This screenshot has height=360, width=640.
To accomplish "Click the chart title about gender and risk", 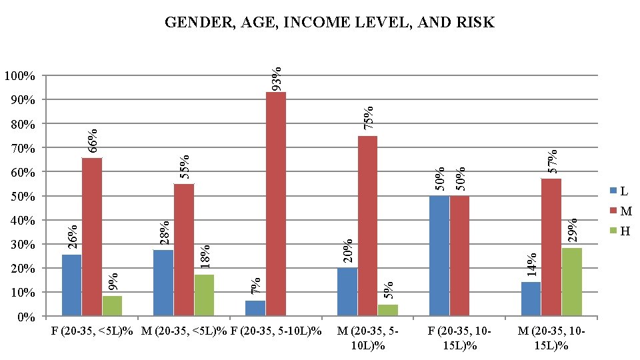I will click(329, 23).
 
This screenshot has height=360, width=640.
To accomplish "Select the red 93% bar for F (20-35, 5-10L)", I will click(275, 203).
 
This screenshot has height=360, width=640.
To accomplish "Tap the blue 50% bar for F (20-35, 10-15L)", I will click(439, 255).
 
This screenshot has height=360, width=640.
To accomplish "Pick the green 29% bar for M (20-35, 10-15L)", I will click(571, 281).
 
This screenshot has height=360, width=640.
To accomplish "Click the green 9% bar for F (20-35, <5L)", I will click(112, 305).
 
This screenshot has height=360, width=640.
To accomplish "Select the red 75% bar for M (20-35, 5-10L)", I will click(367, 225).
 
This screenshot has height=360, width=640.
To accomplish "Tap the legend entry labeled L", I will click(619, 191).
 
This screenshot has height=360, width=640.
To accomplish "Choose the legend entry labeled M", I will click(621, 211).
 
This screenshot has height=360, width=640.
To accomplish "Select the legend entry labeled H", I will click(620, 231).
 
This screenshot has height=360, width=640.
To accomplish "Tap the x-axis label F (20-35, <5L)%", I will click(92, 331).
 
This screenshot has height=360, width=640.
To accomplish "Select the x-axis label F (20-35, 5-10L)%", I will click(275, 331).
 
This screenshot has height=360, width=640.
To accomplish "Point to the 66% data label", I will click(93, 139).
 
